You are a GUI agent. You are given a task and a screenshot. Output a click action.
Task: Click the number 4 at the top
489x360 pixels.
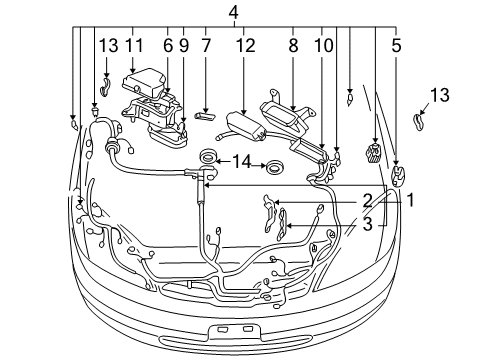[233, 12]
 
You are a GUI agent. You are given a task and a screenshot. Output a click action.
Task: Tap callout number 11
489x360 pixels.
[134, 45]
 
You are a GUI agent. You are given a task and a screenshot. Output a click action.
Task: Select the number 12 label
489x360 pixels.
[244, 45]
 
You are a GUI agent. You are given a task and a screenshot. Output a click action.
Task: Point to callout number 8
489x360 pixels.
[294, 45]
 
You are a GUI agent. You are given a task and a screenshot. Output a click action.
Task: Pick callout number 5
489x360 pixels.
[398, 45]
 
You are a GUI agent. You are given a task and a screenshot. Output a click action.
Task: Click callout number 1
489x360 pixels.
[409, 199]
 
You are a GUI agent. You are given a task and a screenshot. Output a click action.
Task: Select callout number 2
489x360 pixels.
[367, 199]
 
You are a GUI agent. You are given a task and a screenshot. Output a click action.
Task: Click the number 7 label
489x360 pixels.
[205, 45]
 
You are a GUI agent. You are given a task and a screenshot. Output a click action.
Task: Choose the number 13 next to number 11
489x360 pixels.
[108, 45]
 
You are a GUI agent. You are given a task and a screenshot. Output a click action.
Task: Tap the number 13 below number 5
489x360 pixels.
[439, 95]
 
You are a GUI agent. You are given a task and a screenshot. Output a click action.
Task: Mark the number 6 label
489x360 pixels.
[168, 45]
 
